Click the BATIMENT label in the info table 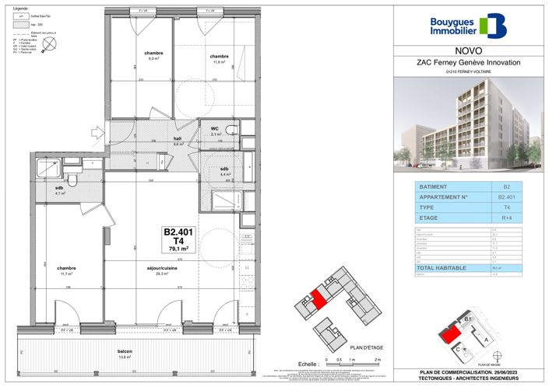(433, 187)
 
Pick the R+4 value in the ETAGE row (506, 219)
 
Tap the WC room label (213, 129)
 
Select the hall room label (178, 138)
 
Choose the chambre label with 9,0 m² (153, 53)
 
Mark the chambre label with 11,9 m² (219, 56)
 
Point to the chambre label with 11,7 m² (66, 268)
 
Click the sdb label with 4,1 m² (58, 188)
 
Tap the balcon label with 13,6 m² (125, 352)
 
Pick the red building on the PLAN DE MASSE (449, 336)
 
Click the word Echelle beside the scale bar (309, 363)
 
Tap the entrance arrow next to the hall (97, 133)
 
